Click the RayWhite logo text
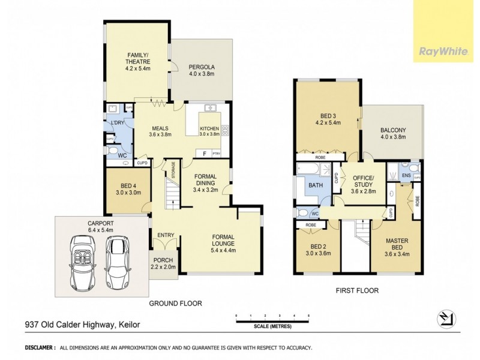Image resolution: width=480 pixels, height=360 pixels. [x=443, y=51]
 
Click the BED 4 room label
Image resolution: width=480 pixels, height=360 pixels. [x=128, y=189]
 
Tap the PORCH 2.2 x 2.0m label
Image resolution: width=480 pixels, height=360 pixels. [x=163, y=263]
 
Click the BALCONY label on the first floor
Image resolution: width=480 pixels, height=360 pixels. [x=393, y=133]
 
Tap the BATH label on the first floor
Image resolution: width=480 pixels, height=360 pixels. [x=315, y=185]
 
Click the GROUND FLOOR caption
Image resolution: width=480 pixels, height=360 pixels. [x=175, y=304]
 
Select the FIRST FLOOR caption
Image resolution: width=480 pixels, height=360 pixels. [x=358, y=290]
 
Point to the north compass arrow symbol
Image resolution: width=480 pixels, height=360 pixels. [x=445, y=318]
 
